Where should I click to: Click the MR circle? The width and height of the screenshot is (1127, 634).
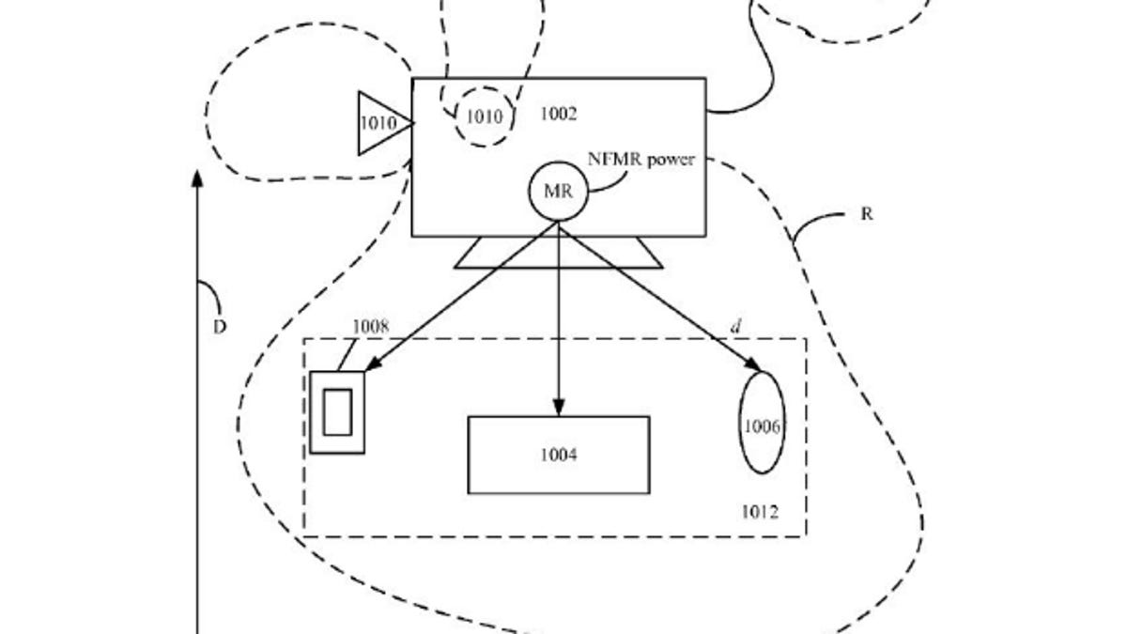pos(559,192)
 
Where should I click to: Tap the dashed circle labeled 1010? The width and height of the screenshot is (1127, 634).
pos(485,116)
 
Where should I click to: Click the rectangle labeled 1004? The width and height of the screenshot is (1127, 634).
pos(558,455)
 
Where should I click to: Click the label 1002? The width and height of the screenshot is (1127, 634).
pos(559,114)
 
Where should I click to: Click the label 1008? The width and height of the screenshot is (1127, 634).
pos(370,327)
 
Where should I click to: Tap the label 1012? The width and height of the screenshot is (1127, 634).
pos(759,512)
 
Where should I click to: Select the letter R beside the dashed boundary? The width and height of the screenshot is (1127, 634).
pos(866,214)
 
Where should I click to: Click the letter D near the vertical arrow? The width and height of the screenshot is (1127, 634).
pos(219,328)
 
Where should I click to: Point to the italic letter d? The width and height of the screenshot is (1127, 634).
pos(737,326)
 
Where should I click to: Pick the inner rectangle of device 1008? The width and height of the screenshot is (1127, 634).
pos(337,411)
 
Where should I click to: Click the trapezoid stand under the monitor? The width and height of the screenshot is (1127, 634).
pos(559,253)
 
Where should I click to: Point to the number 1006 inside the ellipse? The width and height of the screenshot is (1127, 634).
pos(762,426)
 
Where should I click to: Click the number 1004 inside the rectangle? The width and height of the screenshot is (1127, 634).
pos(558,456)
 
